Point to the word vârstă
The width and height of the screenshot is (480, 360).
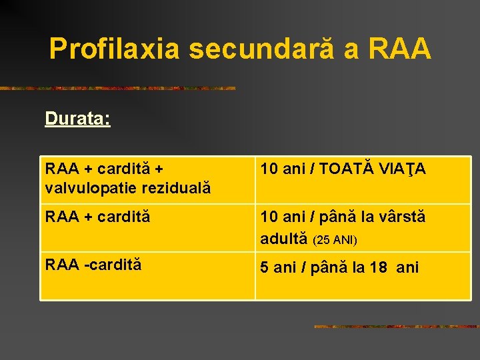(397, 217)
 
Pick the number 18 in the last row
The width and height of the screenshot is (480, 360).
(379, 268)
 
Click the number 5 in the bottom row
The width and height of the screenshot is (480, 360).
(265, 268)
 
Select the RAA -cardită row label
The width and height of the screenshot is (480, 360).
(93, 264)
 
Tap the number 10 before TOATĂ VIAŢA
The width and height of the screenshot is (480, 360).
(269, 169)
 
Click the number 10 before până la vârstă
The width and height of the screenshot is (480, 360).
(269, 217)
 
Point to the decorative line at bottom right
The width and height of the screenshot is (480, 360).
(396, 327)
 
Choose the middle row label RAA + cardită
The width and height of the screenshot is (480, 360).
(97, 217)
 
